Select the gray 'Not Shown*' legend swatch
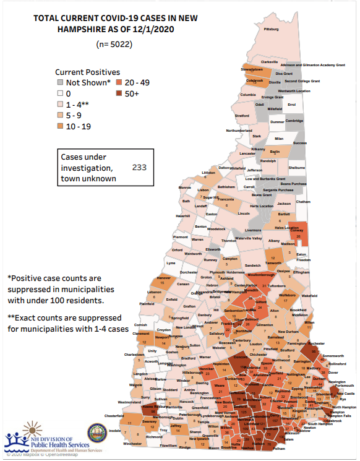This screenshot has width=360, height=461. point(60,82)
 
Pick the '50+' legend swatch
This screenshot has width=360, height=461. point(118,93)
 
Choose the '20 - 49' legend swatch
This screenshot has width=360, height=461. point(118,82)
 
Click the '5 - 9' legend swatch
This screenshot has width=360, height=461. point(60,116)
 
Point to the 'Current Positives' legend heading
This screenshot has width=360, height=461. point(87,72)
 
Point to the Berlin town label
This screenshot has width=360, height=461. point(275,152)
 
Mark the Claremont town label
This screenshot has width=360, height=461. point(142,333)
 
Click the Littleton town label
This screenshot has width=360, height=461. point(208,173)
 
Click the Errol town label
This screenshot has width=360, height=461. point(292,105)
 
